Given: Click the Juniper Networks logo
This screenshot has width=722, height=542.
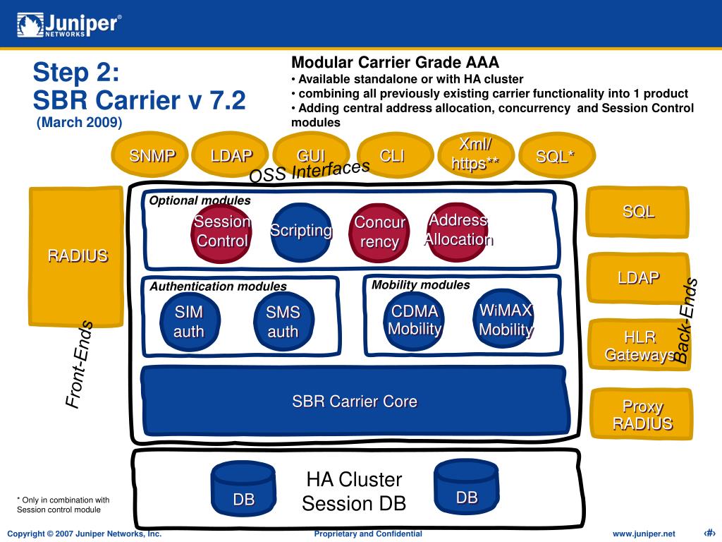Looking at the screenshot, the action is tap(69, 25).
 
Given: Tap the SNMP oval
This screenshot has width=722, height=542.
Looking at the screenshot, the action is tap(149, 155).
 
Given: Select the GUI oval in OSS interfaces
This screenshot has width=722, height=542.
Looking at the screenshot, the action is tap(311, 155).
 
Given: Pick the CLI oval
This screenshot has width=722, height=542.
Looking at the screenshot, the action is tap(395, 155).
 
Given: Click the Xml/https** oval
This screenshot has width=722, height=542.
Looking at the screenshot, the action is tap(476, 155).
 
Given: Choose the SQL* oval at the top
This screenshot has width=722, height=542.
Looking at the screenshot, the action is tap(557, 155).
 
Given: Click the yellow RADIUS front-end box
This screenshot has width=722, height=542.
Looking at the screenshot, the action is tap(76, 256).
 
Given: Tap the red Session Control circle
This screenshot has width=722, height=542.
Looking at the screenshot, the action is tap(221, 233).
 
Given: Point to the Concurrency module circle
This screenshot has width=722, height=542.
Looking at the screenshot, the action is tap(379, 233).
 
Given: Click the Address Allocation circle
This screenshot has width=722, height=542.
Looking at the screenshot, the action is tap(457, 231).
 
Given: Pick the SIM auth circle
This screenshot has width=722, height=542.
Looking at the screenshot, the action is tap(190, 322).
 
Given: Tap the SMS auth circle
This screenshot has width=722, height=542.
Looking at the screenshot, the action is tap(283, 322).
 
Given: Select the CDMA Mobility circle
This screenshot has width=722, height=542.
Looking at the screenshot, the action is tap(413, 320).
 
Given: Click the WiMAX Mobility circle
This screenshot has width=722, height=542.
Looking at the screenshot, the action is tap(503, 318).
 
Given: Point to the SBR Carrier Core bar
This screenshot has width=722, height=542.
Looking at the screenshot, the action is tap(355, 401).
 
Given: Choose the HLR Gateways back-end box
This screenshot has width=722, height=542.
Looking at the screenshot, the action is tap(640, 344).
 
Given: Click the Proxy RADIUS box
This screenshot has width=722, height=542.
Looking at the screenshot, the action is tap(642, 414).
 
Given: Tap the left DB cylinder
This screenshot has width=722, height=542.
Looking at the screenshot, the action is tap(243, 489).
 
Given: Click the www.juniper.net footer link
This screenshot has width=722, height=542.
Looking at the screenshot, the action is tap(644, 534).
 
